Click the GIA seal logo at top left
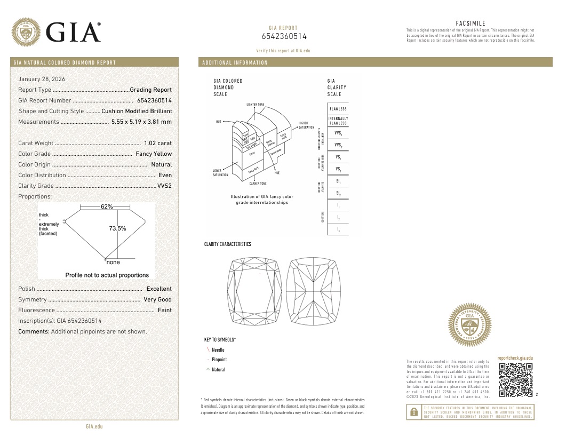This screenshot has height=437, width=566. [26, 32]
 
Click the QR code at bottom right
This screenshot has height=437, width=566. [515, 380]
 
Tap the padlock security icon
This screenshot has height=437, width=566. [413, 412]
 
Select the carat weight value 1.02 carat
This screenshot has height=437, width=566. [158, 143]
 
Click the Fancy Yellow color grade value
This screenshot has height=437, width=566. [154, 154]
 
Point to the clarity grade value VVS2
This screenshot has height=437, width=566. [164, 186]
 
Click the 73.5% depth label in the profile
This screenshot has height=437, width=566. [117, 228]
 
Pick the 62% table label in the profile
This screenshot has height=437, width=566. [107, 206]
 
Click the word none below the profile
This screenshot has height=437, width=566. [113, 262]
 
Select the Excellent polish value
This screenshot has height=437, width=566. [159, 289]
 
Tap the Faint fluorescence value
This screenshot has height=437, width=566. [165, 310]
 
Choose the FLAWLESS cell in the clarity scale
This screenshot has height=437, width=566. [338, 109]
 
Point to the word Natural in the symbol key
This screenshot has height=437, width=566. [219, 369]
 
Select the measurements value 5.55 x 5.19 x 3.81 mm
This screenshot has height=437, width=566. [141, 122]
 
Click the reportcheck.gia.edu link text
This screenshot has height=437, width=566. [515, 358]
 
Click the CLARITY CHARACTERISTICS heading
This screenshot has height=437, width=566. [227, 244]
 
